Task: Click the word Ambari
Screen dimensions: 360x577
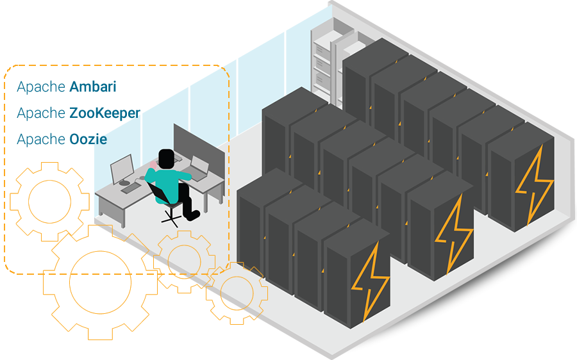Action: [94, 86]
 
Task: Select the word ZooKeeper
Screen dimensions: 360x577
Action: [104, 113]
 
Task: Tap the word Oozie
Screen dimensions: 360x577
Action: [88, 139]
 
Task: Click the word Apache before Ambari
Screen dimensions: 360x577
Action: [41, 86]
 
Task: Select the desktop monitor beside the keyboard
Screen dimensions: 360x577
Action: [121, 168]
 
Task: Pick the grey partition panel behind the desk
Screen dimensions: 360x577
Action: [199, 141]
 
